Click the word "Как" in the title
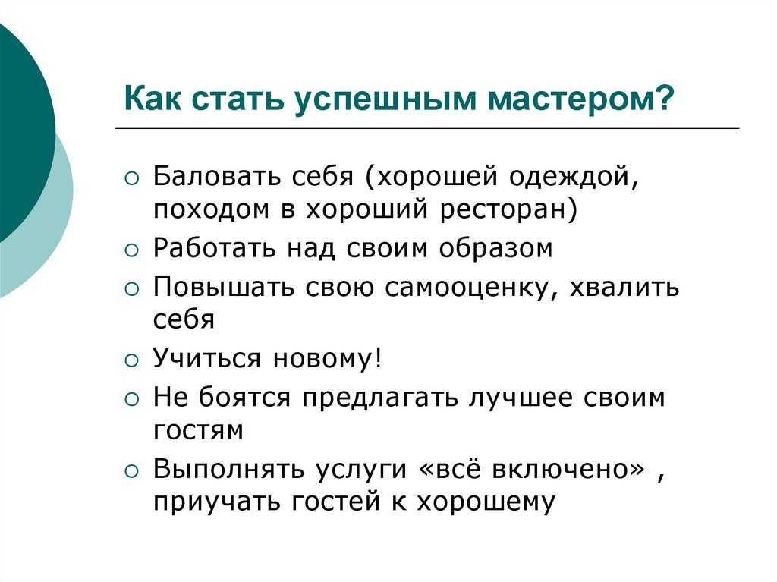[152, 98]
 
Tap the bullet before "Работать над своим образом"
[132, 250]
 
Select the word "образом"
[495, 247]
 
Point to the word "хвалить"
[624, 287]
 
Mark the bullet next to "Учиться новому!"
[132, 360]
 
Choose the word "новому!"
[328, 358]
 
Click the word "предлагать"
[379, 398]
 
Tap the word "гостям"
[198, 430]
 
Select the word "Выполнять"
[228, 468]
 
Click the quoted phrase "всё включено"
[532, 468]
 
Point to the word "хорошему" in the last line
[486, 502]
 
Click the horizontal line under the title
[427, 128]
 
